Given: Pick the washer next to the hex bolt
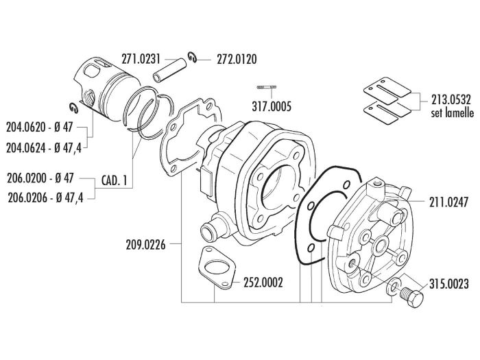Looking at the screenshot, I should click(x=394, y=287).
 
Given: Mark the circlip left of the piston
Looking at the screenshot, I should click(x=74, y=106).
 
